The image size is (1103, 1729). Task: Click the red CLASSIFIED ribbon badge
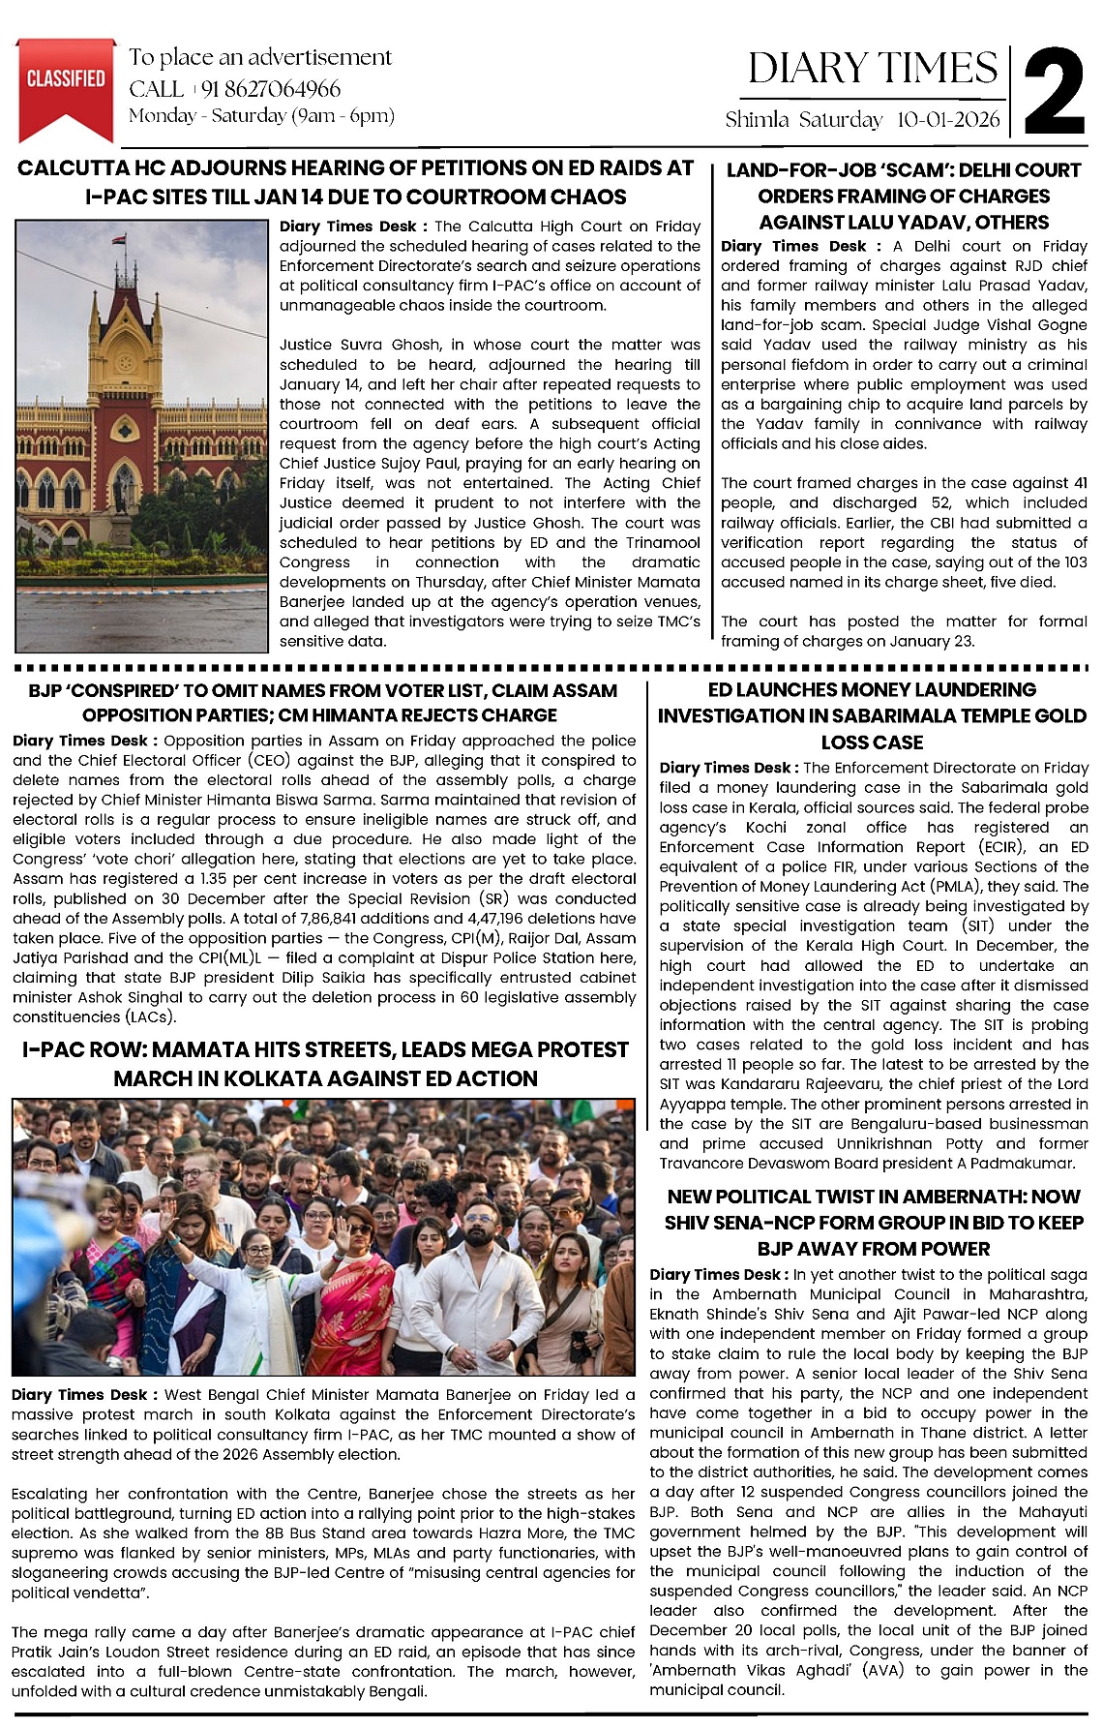pyautogui.click(x=66, y=83)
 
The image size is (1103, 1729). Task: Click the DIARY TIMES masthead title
pyautogui.click(x=872, y=69)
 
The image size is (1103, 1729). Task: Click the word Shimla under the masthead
pyautogui.click(x=757, y=120)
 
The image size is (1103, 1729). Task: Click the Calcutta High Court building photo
pyautogui.click(x=141, y=436)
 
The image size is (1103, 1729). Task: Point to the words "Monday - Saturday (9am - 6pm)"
pyautogui.click(x=261, y=116)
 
